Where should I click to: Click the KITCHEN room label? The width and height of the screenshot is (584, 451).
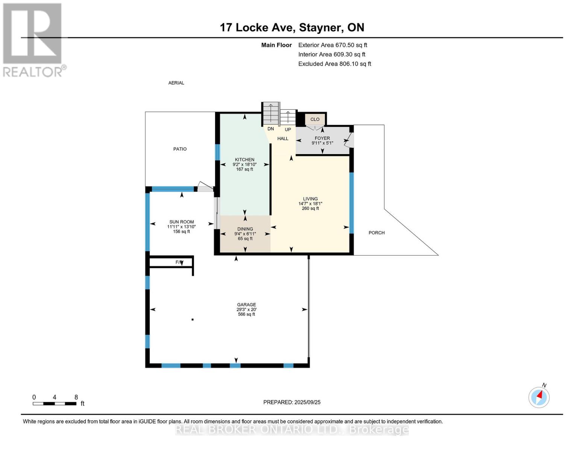coord(244,160)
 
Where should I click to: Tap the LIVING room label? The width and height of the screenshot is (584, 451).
coord(310,199)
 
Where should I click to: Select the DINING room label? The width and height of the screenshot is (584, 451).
coord(245,229)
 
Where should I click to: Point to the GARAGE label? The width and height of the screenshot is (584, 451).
coord(246,305)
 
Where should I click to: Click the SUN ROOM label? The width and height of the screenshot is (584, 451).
coord(181,222)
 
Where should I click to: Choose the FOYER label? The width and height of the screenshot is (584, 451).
coord(322,138)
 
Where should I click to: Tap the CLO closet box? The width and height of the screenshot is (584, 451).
coord(315,120)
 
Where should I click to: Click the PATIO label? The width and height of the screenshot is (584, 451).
coord(180,149)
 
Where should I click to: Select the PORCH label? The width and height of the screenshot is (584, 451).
coord(376,233)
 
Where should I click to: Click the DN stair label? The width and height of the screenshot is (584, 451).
coord(270,129)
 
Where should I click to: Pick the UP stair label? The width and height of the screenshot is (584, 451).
coord(288,130)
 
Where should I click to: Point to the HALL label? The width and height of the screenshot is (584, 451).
coord(283,139)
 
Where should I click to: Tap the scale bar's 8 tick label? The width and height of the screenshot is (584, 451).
coord(76,397)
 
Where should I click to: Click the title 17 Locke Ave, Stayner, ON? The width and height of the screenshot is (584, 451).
coord(292,27)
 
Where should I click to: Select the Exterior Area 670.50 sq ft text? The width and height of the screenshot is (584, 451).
coord(332,45)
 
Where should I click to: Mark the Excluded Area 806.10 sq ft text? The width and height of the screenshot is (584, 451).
coord(335,64)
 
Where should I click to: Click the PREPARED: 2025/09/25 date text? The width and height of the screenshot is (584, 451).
coord(292,402)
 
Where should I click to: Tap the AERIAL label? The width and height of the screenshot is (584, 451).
coord(176,83)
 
